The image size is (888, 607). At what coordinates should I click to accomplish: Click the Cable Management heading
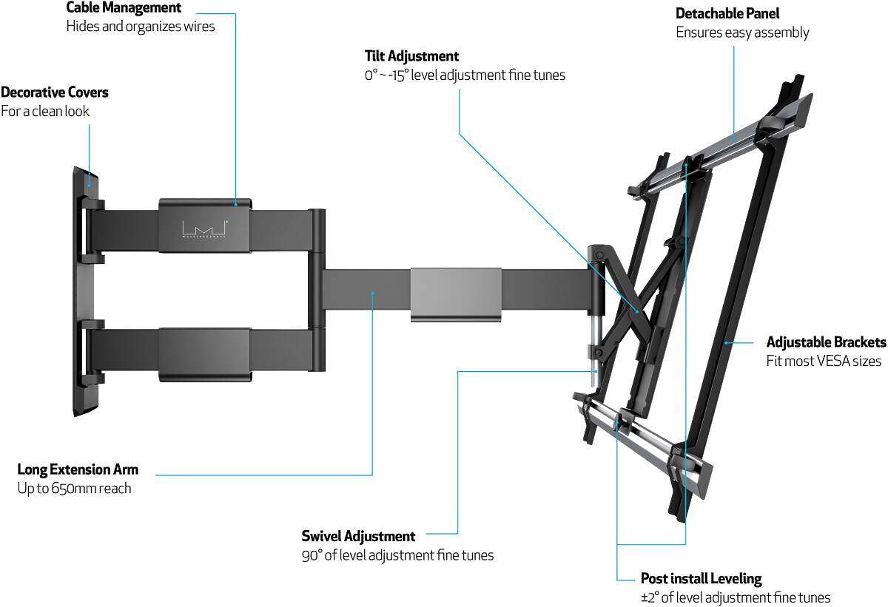pos(124,8)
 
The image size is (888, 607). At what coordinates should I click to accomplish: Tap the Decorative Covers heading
pos(55,92)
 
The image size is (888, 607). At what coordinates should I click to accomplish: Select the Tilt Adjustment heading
pos(411,56)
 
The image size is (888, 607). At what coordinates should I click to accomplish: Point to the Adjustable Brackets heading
pos(826,342)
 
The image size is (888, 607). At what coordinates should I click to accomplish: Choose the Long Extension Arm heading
pos(78,469)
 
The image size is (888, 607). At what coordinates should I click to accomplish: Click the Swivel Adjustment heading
pos(358,536)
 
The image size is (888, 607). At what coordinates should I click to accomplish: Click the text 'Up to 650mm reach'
pos(74,489)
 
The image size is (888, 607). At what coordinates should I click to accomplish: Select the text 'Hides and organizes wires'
pos(141,27)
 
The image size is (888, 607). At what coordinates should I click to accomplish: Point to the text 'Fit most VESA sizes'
pos(824,362)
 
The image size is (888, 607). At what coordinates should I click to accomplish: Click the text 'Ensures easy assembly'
pos(742,33)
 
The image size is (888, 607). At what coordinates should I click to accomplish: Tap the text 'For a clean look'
pos(45,112)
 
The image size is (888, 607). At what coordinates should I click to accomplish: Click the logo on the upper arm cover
pos(204,228)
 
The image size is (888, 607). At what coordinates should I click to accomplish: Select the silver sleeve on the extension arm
pos(455,294)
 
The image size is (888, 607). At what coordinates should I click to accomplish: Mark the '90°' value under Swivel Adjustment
pos(312,555)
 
